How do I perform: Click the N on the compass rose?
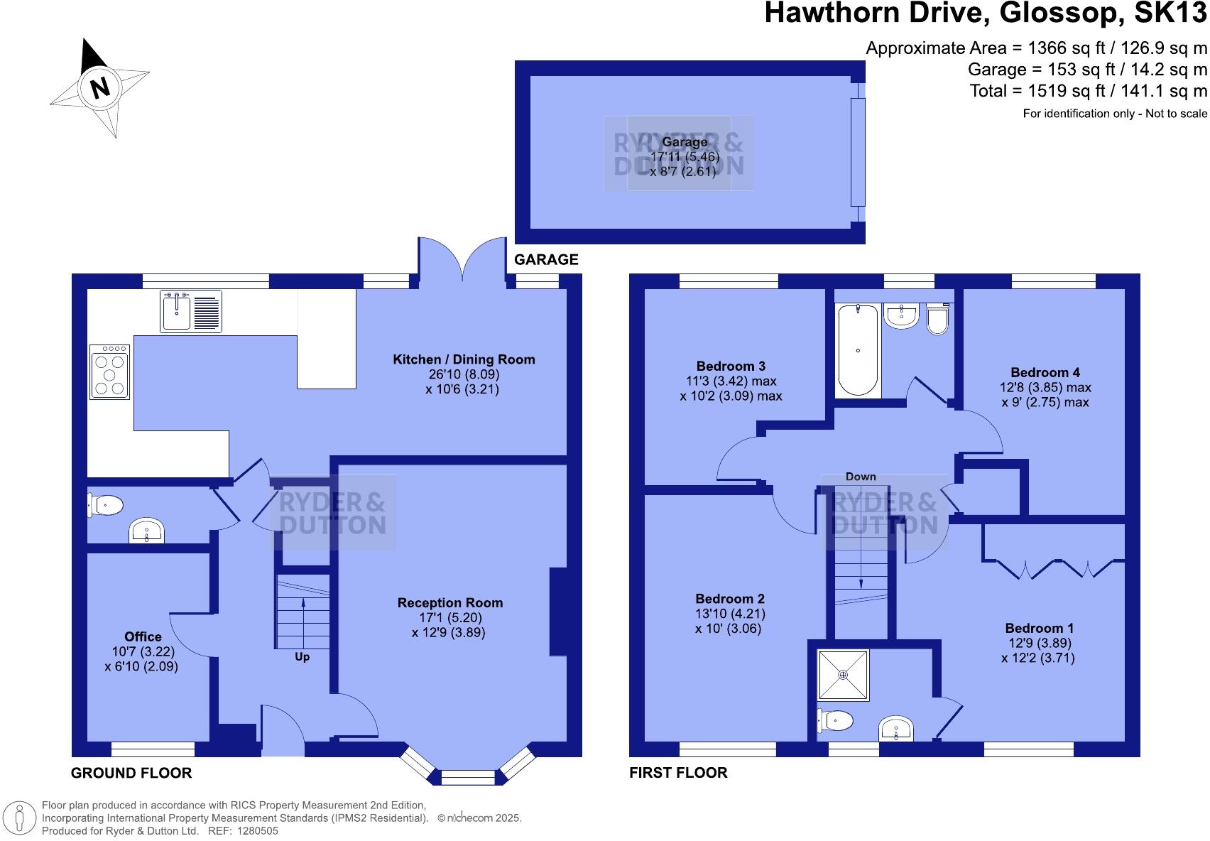100,87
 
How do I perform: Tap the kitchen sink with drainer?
191,310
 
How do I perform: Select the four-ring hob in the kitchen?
110,371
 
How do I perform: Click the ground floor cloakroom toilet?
105,506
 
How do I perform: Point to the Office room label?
143,636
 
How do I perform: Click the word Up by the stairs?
302,657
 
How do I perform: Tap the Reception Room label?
449,603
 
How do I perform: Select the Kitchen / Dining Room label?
464,359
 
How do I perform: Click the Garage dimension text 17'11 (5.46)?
685,157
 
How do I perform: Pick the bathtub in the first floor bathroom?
858,349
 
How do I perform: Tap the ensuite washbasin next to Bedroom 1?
896,729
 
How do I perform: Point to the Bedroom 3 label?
731,367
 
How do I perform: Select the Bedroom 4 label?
1045,372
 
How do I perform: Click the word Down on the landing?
861,477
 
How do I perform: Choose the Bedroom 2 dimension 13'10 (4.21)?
730,614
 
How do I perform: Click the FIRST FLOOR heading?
678,773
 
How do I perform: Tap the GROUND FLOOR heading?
131,773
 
